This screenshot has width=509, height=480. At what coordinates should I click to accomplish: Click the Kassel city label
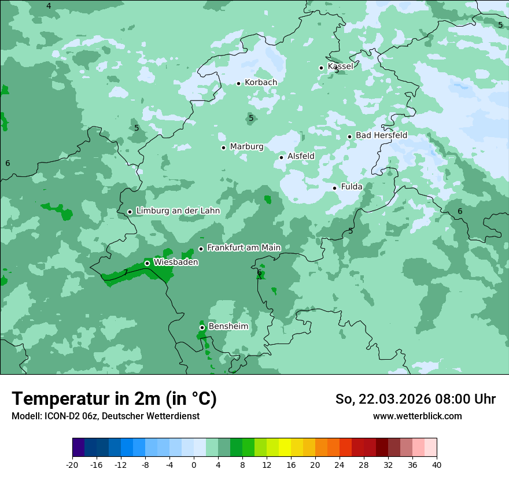coord(340,67)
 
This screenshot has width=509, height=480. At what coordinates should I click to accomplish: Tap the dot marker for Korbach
coord(238,83)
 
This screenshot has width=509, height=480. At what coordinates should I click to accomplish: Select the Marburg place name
coord(246,147)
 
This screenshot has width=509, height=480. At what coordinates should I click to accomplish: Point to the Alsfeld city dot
coord(282,157)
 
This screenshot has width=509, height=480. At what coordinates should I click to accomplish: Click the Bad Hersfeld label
coord(381,135)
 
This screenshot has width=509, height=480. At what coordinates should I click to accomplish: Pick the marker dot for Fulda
coord(335,188)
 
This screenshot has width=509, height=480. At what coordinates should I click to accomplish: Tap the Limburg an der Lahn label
coord(178,211)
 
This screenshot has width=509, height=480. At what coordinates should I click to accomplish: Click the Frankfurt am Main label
coord(244,248)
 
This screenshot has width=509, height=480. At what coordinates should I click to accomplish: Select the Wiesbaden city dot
coord(147,263)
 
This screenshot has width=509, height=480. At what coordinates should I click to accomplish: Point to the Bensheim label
coord(228,326)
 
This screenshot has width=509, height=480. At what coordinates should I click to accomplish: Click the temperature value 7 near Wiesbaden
coord(126,272)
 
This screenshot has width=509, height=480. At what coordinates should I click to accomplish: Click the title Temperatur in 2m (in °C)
coord(114,399)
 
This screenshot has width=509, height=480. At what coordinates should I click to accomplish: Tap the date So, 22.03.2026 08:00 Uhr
coord(415,399)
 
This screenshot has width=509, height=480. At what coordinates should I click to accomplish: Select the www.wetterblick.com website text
coord(417,416)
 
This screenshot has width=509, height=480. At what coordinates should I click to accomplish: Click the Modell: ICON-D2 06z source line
coord(105,416)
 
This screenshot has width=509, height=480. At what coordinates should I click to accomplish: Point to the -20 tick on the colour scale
coord(72,464)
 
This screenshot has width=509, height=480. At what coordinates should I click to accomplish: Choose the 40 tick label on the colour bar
coord(437,464)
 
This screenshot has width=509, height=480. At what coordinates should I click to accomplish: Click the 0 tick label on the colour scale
coord(194,464)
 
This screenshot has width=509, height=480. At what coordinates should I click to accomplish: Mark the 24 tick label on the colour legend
coord(340,464)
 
